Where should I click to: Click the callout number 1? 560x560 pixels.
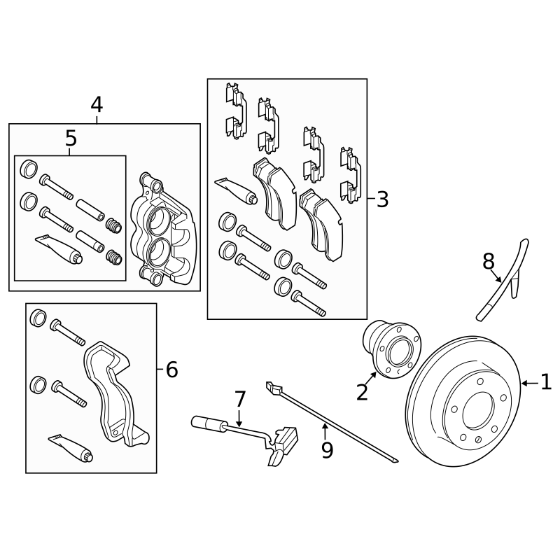click(546, 382)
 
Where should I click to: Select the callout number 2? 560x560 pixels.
click(362, 392)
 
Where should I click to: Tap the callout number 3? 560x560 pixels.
click(382, 199)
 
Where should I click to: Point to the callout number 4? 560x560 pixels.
click(97, 105)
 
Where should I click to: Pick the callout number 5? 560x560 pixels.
click(71, 139)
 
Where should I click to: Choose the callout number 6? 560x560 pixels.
click(171, 369)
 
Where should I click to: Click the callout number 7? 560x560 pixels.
click(240, 400)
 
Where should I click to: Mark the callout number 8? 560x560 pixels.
click(489, 262)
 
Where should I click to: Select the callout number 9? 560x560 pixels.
click(327, 449)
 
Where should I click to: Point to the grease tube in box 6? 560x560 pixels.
click(71, 447)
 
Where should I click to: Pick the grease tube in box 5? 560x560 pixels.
click(59, 247)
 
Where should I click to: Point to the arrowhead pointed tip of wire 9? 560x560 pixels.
click(397, 461)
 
